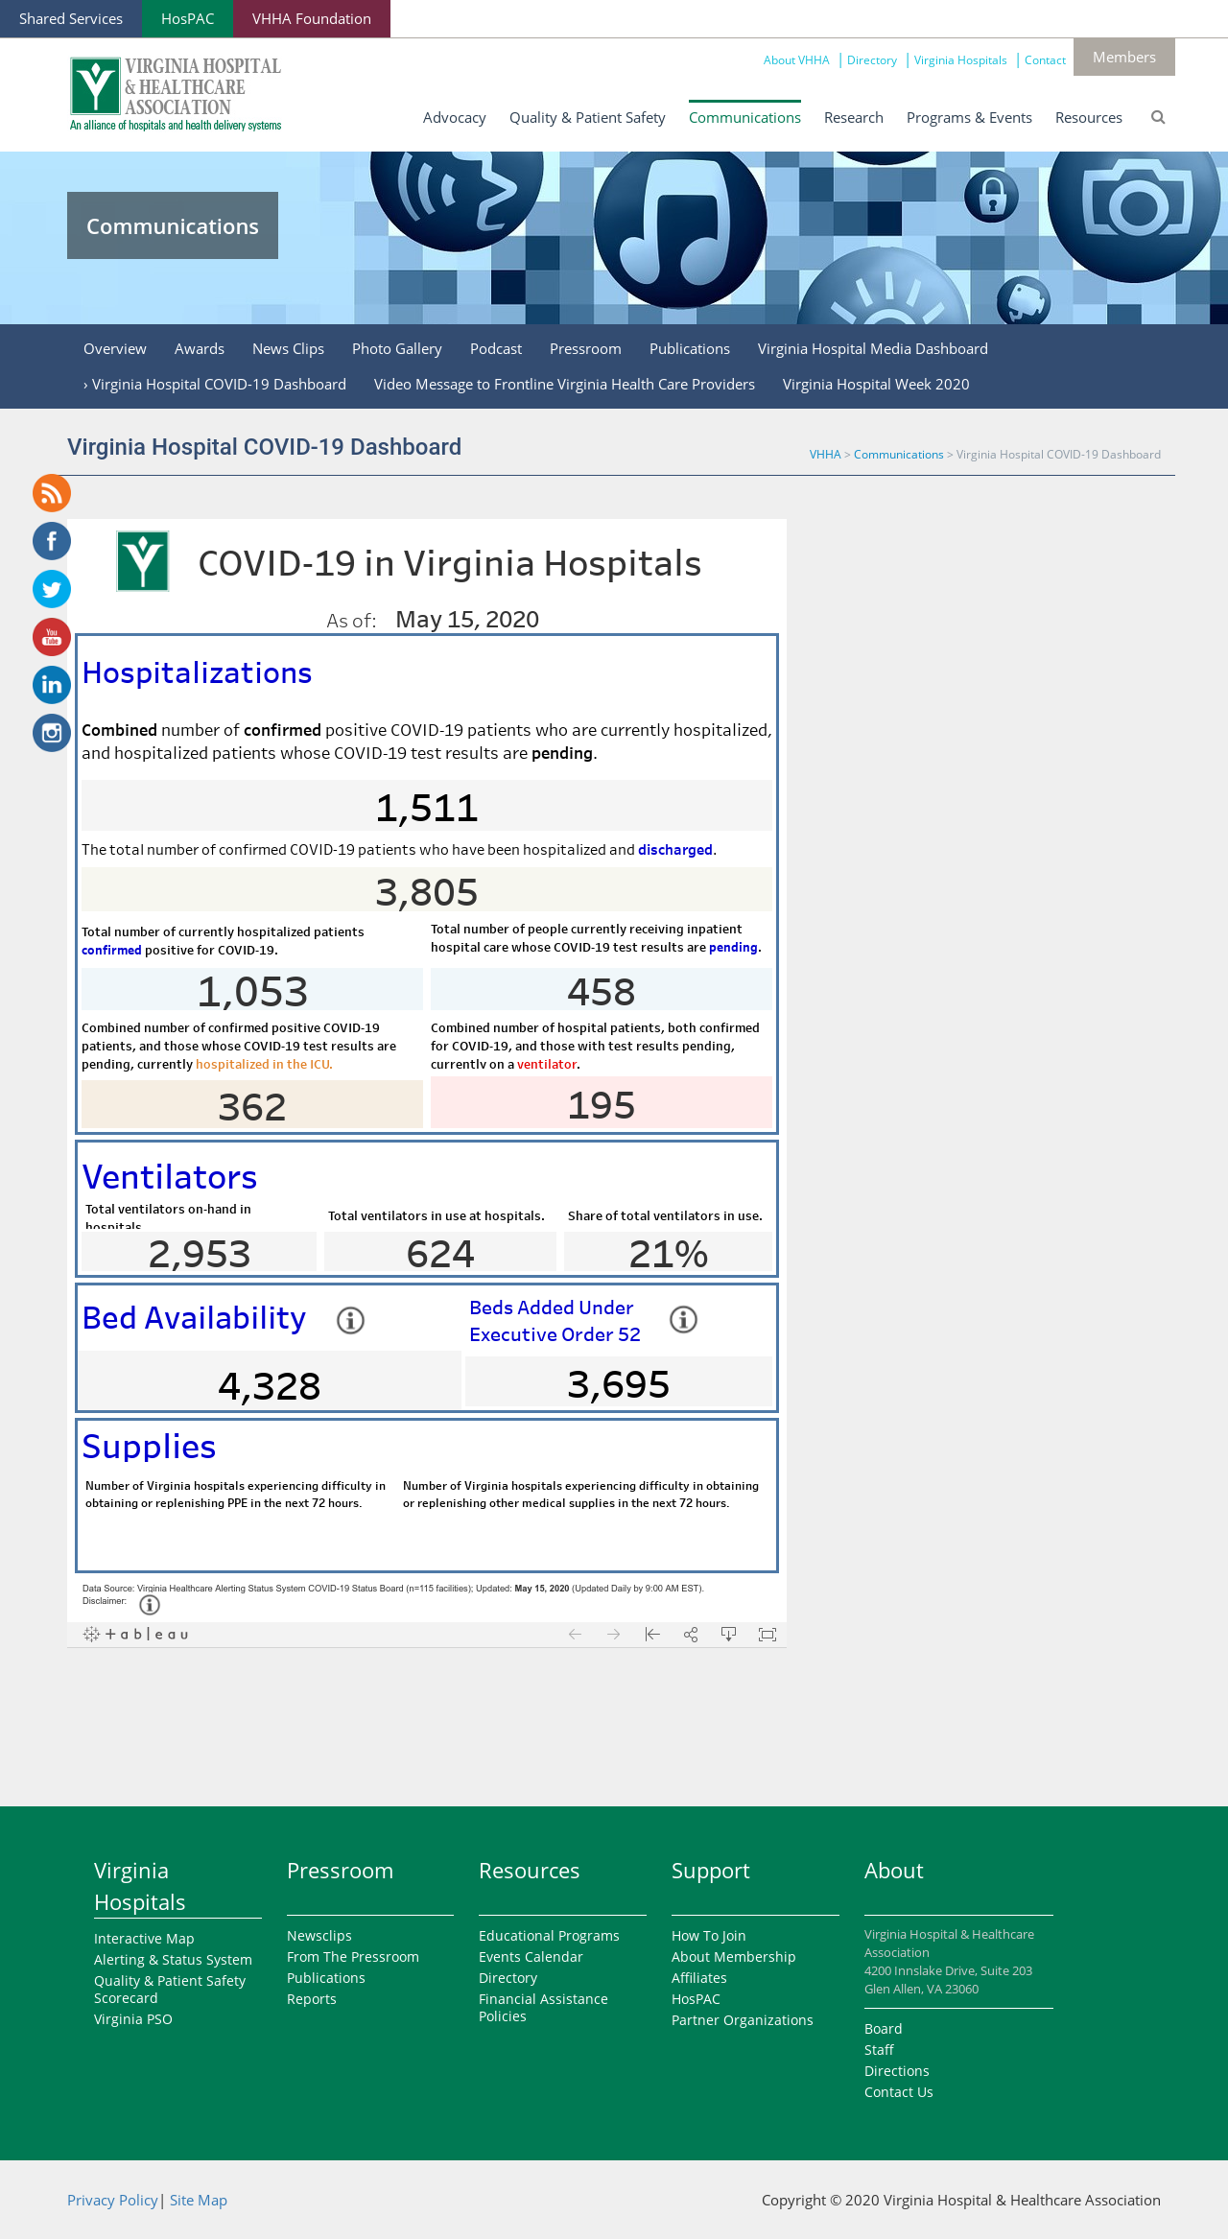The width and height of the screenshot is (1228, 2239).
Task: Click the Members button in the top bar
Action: point(1123,58)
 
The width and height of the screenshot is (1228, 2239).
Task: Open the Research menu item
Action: point(853,117)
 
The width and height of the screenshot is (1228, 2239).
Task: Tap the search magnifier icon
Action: point(1158,117)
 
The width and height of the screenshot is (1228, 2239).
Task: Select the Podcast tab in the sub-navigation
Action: point(496,349)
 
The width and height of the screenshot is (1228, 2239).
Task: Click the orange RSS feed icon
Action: point(52,493)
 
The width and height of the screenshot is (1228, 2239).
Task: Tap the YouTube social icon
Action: point(52,637)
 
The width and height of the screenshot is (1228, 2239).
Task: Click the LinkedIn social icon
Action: point(52,685)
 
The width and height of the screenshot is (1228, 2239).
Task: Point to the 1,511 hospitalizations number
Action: point(427,808)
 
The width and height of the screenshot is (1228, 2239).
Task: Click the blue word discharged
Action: point(675,850)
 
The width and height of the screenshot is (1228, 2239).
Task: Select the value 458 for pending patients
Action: point(602,992)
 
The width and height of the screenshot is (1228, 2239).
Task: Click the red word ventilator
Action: point(547,1065)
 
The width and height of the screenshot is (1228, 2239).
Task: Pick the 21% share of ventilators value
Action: point(669,1254)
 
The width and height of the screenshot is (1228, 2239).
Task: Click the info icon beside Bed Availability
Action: point(350,1320)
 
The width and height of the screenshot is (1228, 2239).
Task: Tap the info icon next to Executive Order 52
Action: point(683,1319)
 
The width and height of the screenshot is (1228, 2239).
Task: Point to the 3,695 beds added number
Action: point(619,1384)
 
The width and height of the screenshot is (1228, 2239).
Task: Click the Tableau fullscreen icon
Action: point(767,1635)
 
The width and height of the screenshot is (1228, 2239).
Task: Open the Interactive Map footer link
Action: point(144,1939)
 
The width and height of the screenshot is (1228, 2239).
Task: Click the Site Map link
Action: point(199,2201)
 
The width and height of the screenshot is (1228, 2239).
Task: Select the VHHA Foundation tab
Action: point(312,19)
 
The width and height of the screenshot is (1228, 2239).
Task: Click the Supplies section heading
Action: point(149,1447)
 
